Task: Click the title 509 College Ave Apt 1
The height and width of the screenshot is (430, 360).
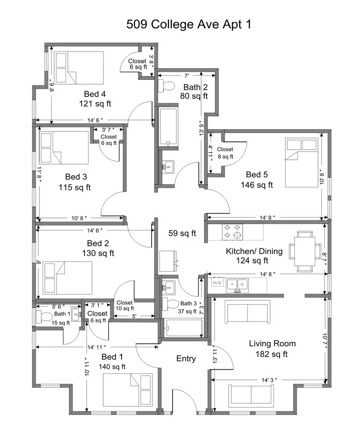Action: [189, 24]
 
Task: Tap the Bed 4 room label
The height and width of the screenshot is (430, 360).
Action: [95, 94]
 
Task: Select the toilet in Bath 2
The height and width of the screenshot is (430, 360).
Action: [166, 86]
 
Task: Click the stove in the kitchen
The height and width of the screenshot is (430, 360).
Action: [232, 232]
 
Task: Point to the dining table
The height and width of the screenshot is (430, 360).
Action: [305, 252]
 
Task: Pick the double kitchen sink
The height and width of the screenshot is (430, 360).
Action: [237, 286]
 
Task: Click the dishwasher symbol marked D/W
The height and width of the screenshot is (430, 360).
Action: [217, 283]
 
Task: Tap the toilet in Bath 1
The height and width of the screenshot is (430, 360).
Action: [44, 316]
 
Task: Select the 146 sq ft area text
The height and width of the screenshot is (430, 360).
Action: [257, 185]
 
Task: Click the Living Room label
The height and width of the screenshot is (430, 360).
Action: [272, 343]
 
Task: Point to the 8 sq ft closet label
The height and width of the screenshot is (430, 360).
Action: [226, 157]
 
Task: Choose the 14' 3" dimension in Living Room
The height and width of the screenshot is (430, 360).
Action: [269, 380]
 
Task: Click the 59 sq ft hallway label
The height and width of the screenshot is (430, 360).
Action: [182, 233]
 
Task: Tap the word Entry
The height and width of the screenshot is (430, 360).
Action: [186, 359]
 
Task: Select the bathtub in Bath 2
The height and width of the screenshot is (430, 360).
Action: [168, 126]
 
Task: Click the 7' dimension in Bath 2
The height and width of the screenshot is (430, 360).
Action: [186, 76]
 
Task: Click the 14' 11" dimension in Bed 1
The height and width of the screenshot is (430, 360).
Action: [97, 347]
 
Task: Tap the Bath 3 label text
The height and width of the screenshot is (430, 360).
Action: [188, 304]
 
